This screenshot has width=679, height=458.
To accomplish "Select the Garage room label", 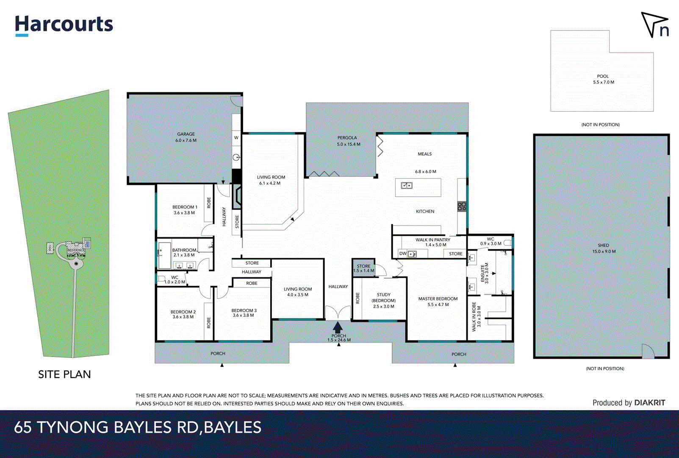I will point(186,137).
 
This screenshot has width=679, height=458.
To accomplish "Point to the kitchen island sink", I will point(407,185).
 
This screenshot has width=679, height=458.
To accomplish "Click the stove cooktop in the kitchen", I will point(462,207).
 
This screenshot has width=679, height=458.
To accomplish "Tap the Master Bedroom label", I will point(438,302).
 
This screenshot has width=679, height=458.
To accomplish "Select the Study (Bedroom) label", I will point(383,300).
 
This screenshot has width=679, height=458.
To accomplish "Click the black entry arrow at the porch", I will point(338,327).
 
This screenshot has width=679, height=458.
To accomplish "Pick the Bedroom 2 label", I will point(183,314).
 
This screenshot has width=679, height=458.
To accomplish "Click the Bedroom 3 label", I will point(244,313).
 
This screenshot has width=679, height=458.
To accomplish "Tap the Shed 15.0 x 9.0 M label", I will point(604,249).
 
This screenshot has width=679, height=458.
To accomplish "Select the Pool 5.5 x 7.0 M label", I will point(603,79).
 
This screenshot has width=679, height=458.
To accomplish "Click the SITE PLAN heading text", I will point(64,374).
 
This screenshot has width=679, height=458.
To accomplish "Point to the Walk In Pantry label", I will point(432,242).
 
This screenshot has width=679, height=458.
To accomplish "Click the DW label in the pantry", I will point(403,254).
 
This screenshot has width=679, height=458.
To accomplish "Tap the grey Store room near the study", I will point(363,268).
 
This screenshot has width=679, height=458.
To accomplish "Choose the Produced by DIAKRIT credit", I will point(629,403).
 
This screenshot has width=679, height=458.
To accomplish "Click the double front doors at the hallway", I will point(338,313).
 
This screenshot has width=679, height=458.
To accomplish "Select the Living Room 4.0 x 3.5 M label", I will point(297,292).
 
